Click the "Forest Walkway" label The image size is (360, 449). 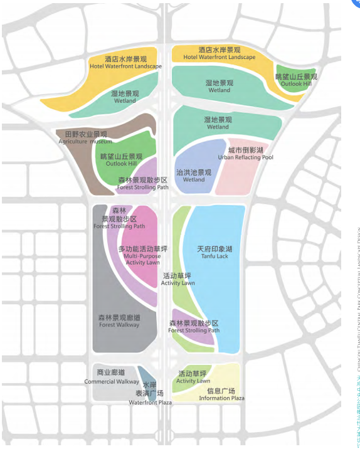point(119,325)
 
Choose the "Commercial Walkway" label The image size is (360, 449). point(112,381)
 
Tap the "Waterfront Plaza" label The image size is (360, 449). point(150,402)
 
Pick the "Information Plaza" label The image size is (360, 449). point(221,398)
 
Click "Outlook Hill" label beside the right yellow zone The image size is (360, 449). point(296,84)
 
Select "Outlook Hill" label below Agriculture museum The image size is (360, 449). point(121,164)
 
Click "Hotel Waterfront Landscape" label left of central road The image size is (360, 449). point(125,66)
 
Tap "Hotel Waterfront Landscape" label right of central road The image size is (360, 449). point(219,58)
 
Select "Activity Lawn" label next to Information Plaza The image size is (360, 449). point(193,381)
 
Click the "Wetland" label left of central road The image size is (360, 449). point(125,100)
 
